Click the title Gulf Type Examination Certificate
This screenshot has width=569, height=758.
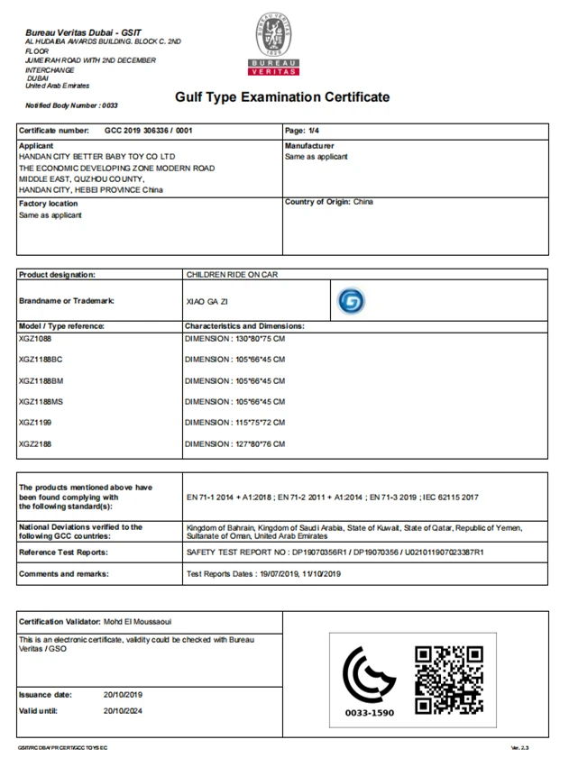click(x=282, y=97)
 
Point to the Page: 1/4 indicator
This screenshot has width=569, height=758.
click(x=301, y=131)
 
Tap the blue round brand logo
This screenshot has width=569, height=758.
click(x=351, y=301)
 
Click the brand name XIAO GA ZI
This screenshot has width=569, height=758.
click(x=202, y=302)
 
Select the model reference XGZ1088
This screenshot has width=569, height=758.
click(x=36, y=338)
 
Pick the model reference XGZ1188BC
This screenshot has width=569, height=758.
click(x=41, y=359)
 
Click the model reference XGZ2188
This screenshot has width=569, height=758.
click(x=36, y=443)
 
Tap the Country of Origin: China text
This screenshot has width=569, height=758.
click(x=328, y=202)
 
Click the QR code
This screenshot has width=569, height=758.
click(x=449, y=679)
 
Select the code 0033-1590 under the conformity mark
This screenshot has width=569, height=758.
click(x=370, y=713)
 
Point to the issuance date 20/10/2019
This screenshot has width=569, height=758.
click(x=123, y=695)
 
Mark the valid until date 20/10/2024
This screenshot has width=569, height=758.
click(x=123, y=711)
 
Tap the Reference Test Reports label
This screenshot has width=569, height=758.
click(x=64, y=551)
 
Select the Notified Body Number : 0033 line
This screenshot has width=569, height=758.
click(x=71, y=105)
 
